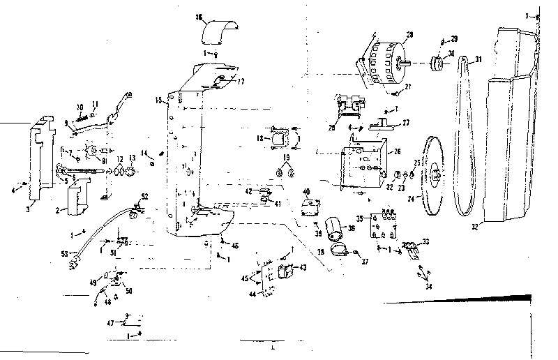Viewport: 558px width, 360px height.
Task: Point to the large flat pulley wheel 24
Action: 436,173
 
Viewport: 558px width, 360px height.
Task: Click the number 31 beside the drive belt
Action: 478,59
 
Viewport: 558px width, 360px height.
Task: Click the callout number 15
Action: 160,101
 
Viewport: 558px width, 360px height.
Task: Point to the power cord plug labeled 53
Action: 70,263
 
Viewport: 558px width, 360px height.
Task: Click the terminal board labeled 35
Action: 385,222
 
